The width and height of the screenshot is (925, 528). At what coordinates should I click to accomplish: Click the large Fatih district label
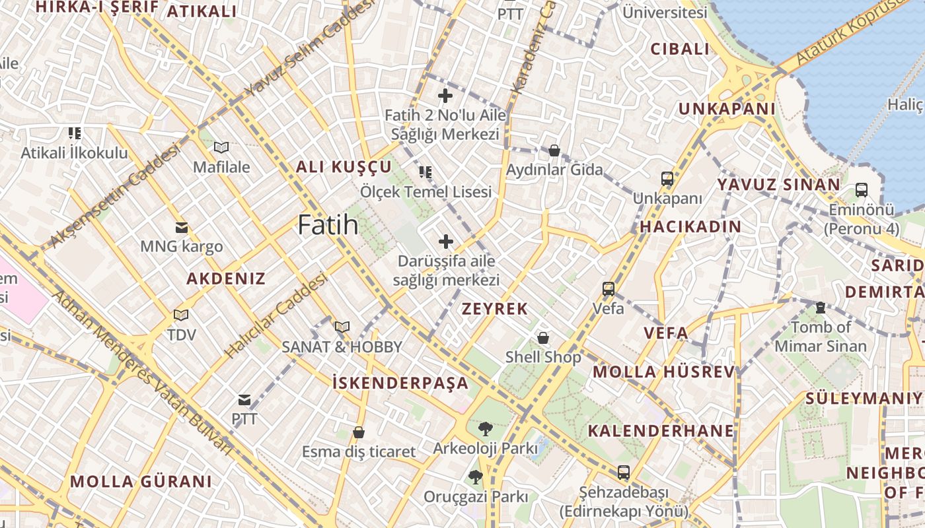[x=328, y=225]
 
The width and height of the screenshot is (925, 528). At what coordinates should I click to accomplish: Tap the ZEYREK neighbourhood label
[x=495, y=309]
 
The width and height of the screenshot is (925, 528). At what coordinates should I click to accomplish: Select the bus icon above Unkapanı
[x=667, y=179]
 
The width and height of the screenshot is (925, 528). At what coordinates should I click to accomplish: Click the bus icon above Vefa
[x=609, y=289]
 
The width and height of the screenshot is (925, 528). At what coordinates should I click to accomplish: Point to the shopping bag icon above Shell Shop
[x=543, y=338]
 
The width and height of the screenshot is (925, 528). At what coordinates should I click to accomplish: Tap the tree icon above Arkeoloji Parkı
[x=485, y=429]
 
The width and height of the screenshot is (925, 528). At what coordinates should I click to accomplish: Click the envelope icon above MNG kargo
[x=181, y=228]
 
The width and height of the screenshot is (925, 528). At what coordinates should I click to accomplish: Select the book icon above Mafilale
[x=221, y=148]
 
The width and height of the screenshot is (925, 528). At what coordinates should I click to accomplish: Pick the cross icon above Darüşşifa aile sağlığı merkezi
[x=446, y=242]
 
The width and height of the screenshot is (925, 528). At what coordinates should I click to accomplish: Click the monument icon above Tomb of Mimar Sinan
[x=820, y=308]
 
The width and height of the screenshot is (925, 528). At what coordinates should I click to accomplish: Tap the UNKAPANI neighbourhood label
[x=727, y=109]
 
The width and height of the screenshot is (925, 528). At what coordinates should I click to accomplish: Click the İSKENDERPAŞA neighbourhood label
[x=400, y=383]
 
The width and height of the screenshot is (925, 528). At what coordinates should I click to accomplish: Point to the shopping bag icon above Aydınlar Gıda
[x=554, y=151]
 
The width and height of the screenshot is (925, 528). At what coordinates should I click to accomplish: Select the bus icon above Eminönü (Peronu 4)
[x=862, y=190]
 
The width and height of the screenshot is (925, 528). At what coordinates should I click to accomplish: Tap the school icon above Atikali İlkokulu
[x=75, y=133]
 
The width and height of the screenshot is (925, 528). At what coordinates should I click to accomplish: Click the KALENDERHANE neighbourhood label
[x=661, y=431]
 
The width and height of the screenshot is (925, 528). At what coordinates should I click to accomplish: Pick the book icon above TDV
[x=181, y=315]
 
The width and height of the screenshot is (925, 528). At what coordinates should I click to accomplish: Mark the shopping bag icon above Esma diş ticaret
[x=359, y=433]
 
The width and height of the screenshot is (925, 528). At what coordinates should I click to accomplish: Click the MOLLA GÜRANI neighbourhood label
[x=141, y=480]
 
